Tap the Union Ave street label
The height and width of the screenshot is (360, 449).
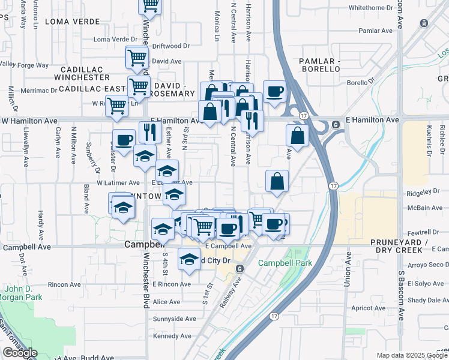click(x=348, y=269)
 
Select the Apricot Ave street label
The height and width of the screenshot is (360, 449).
click(x=369, y=308)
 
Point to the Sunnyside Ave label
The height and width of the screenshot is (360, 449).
click(x=175, y=319)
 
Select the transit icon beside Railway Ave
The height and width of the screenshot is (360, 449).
click(x=240, y=268)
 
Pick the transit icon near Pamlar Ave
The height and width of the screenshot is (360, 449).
click(x=424, y=23)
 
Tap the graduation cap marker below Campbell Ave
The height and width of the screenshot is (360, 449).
click(x=189, y=259)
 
